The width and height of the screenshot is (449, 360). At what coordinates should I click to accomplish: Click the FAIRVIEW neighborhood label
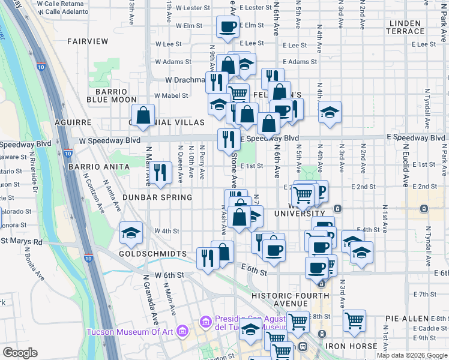coord(88,41)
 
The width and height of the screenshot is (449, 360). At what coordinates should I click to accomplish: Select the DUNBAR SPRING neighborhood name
coord(157,197)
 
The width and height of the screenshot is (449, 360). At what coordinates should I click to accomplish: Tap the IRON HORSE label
coord(351,346)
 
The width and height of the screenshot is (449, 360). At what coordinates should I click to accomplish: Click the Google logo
coord(20,353)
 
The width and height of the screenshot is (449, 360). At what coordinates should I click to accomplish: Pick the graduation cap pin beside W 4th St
coord(130,233)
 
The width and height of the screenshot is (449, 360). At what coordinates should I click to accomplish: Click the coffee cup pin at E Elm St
coord(228,26)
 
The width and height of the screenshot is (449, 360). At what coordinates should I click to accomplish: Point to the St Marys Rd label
coord(22,242)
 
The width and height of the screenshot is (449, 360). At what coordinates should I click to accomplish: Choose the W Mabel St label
coord(171,95)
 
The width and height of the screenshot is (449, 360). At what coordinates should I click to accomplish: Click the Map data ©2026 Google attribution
coord(412,355)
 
